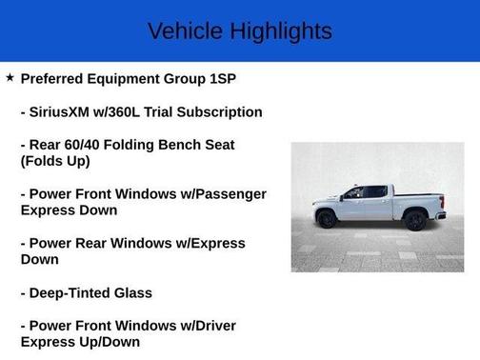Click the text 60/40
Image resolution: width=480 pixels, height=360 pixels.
89,145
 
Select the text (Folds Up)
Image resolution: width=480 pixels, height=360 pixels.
55,161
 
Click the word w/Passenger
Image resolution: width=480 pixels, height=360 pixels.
213,194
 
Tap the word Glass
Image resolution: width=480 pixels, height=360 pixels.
133,292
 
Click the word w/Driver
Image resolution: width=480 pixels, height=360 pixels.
202,326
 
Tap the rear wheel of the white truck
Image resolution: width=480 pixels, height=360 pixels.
415,221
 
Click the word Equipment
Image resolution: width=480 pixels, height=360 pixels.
127,79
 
